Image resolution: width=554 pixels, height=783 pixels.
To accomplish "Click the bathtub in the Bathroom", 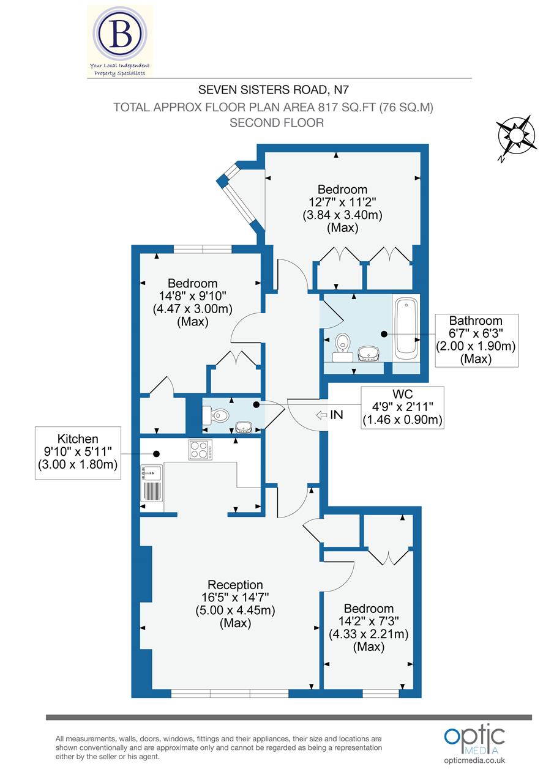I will pos(406,328).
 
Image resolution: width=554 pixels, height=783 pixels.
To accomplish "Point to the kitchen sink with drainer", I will pos(152,484).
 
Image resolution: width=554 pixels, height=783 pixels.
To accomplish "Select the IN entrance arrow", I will pos(329,415).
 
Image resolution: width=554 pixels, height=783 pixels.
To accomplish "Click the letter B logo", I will pos(121,36).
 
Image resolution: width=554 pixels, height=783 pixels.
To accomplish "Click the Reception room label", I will pos(235,604).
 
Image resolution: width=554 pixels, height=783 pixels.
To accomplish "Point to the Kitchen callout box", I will pos(78,453).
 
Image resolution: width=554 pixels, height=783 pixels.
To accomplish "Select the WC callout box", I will pos(402,406).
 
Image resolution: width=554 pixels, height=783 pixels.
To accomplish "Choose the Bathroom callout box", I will pos(476,340).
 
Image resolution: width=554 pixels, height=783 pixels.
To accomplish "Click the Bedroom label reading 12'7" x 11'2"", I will pos(342,208).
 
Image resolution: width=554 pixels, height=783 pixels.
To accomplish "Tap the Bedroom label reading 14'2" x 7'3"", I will pos(369,627).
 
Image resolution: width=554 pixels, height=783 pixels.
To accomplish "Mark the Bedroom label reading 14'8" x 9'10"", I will pos(193,302).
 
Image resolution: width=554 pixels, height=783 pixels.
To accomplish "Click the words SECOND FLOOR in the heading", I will pos(276,122).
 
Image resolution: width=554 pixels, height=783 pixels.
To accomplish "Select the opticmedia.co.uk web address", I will pos(474,760).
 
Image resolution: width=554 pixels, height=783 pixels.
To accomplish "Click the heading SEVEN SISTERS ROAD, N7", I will pos(276,91).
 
